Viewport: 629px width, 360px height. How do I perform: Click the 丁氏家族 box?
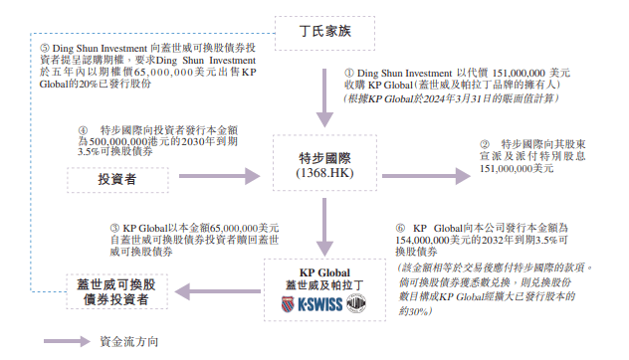pyautogui.click(x=325, y=32)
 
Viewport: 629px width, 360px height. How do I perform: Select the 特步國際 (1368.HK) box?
pyautogui.click(x=325, y=166)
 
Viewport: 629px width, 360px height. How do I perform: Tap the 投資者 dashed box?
pyautogui.click(x=117, y=179)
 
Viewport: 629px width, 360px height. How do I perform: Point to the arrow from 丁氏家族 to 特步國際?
pyautogui.click(x=325, y=89)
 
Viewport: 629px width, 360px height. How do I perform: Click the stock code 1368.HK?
pyautogui.click(x=325, y=175)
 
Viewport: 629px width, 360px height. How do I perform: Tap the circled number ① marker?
pyautogui.click(x=349, y=74)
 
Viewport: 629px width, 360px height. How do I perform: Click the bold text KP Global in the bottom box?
pyautogui.click(x=325, y=270)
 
